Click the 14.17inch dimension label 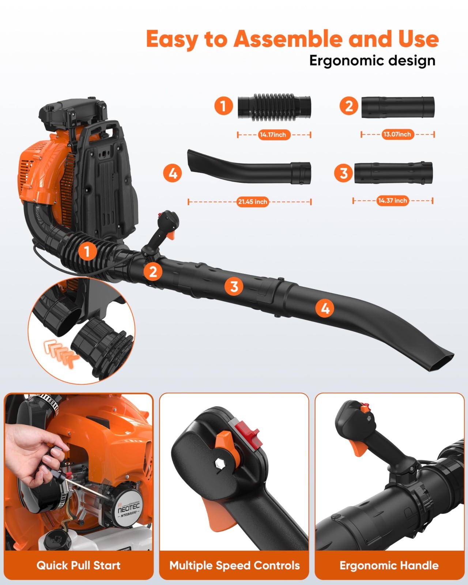[x=273, y=135]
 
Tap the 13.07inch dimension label [x=397, y=134]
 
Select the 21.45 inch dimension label [x=252, y=201]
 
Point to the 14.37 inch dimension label [x=392, y=200]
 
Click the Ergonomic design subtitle [x=372, y=61]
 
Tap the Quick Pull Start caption [x=78, y=565]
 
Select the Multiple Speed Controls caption [x=234, y=565]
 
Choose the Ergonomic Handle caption [x=389, y=565]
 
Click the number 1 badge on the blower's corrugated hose [x=87, y=252]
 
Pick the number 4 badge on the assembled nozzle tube [x=325, y=309]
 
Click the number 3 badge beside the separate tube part [x=343, y=173]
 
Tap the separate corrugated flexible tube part [x=274, y=107]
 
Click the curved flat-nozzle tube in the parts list [x=249, y=170]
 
